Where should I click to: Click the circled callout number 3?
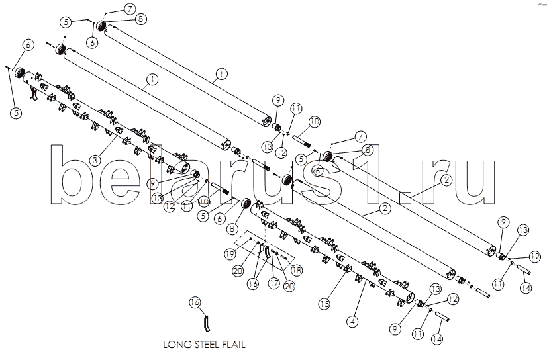(x=95, y=160)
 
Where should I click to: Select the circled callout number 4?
(x=353, y=321)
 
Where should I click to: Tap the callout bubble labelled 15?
(x=324, y=304)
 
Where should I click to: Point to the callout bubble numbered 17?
(x=274, y=283)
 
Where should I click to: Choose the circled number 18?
(x=297, y=270)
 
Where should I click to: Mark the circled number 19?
(x=230, y=254)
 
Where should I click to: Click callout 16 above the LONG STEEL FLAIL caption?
(x=195, y=302)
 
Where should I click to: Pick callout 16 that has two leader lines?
(x=253, y=283)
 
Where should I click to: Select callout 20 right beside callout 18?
(x=289, y=286)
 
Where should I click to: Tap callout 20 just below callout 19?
(x=238, y=271)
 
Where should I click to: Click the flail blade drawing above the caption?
(x=206, y=324)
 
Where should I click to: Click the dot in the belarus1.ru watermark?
(x=405, y=197)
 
